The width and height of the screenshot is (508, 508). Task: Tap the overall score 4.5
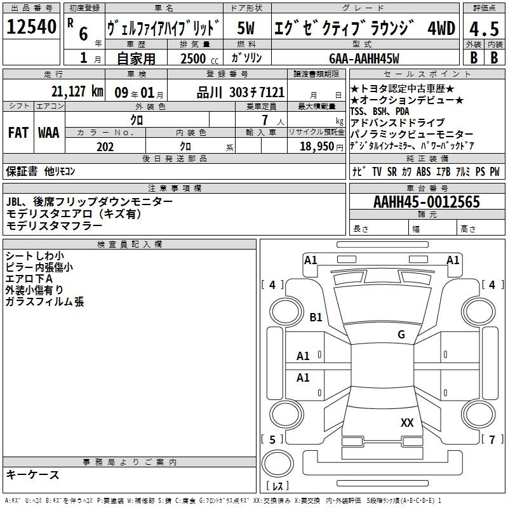coord(482,30)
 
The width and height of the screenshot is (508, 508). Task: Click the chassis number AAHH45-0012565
coord(427,203)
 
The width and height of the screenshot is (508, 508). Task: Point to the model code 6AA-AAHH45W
coord(364,58)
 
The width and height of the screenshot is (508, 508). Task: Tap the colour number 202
coord(105,147)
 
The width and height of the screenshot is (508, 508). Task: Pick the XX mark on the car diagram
coord(407,422)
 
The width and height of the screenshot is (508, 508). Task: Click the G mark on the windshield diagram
coord(401,335)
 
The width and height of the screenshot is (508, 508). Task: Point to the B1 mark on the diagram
coord(316,317)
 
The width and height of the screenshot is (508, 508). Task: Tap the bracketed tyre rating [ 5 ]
coord(272,440)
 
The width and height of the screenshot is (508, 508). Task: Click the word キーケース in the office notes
coord(33,475)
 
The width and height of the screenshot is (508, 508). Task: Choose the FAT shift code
coord(18,133)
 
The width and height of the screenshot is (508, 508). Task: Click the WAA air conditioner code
coord(49,133)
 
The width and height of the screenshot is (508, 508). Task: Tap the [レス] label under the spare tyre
coord(277,487)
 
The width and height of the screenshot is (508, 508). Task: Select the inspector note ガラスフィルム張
coord(44,302)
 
